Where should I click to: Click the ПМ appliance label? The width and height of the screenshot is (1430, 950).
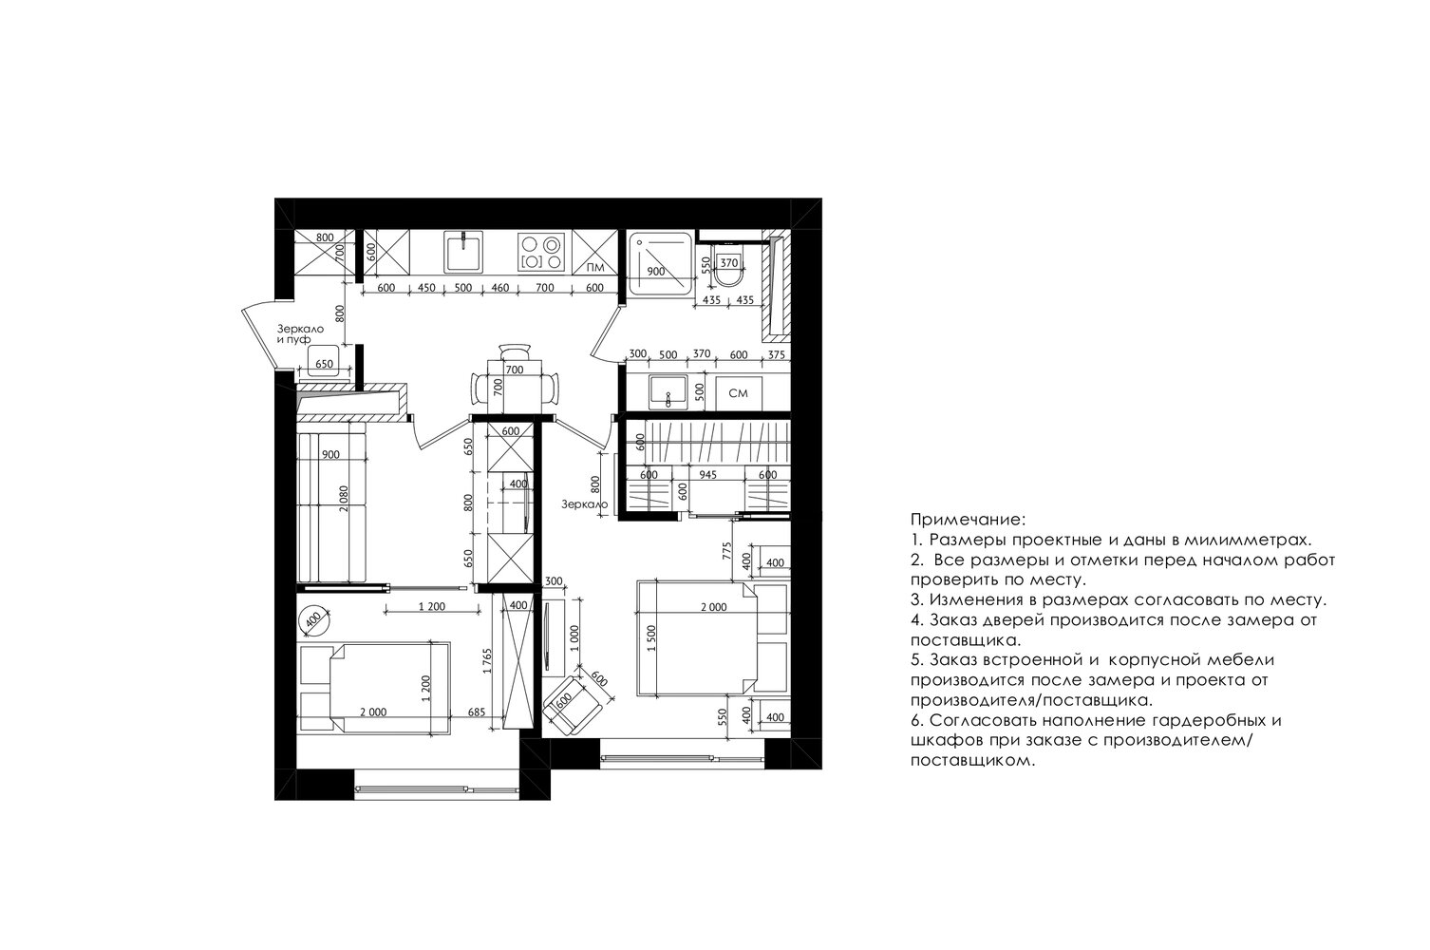pyautogui.click(x=595, y=268)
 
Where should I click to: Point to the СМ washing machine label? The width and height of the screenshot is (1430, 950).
pyautogui.click(x=738, y=393)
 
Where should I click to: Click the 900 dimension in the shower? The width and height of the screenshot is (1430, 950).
pyautogui.click(x=655, y=271)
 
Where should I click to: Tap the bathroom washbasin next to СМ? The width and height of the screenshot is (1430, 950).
pyautogui.click(x=668, y=391)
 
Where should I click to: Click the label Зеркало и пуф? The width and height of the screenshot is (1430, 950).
pyautogui.click(x=300, y=333)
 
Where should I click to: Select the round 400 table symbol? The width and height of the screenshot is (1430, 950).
pyautogui.click(x=313, y=619)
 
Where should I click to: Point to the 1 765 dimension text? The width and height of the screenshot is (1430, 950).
pyautogui.click(x=487, y=661)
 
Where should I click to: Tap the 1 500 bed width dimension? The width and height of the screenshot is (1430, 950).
pyautogui.click(x=651, y=638)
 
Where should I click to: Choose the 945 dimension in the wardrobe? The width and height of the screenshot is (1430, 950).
pyautogui.click(x=708, y=475)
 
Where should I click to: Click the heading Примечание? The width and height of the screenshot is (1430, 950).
pyautogui.click(x=968, y=519)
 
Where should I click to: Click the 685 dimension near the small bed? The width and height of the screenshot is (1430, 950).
pyautogui.click(x=476, y=712)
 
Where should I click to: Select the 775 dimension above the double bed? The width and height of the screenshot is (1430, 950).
pyautogui.click(x=726, y=551)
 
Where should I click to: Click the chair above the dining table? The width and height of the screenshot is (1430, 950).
pyautogui.click(x=515, y=352)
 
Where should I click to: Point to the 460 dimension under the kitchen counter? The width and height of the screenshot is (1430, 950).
pyautogui.click(x=499, y=288)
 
